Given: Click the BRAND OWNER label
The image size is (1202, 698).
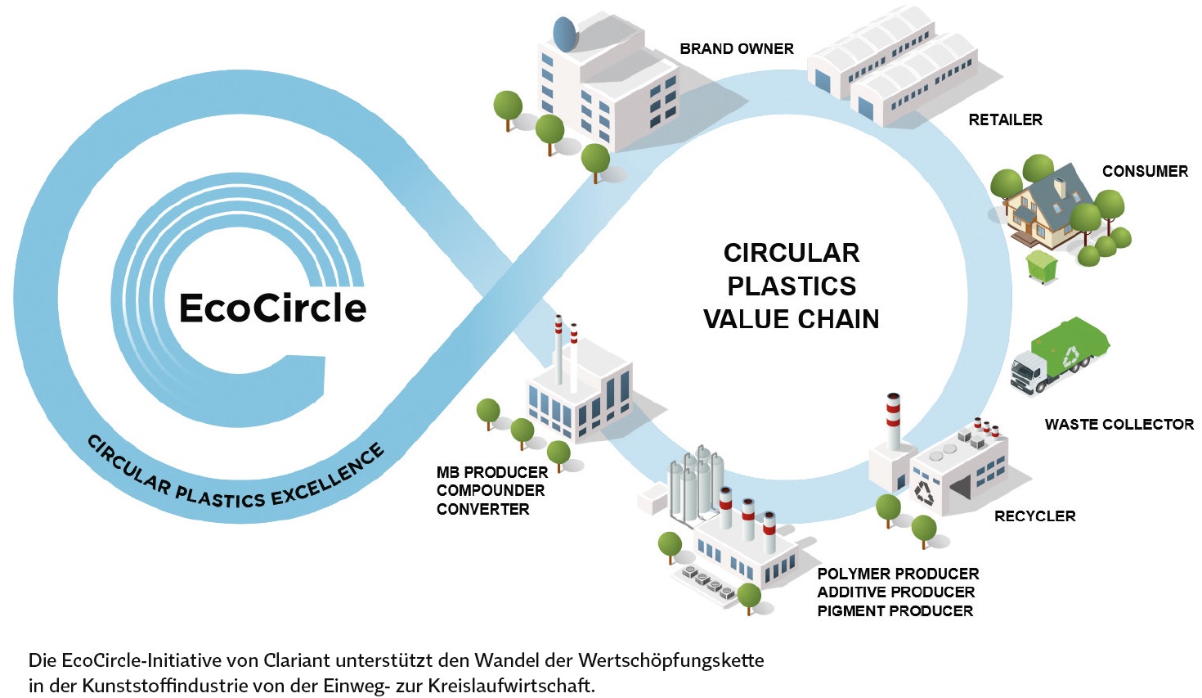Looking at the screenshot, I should pos(736,49).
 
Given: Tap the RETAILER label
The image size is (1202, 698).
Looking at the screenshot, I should pos(1005,120).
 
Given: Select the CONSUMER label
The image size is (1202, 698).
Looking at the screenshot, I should pos(1145,172).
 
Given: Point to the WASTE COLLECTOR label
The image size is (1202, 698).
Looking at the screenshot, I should pos(1119,425).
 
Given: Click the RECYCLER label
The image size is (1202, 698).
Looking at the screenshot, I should pos(1034,516).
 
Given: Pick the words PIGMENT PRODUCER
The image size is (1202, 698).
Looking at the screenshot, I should pos(895,611).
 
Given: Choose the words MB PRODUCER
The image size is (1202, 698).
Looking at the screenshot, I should pos(492,473).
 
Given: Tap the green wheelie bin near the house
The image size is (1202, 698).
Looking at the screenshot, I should pos(1042,266).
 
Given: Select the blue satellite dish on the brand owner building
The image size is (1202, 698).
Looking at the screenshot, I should pos(565,34).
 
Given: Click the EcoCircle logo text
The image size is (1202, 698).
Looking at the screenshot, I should pos(272,308).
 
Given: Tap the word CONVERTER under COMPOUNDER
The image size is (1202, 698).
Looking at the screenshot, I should pos(482,510).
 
